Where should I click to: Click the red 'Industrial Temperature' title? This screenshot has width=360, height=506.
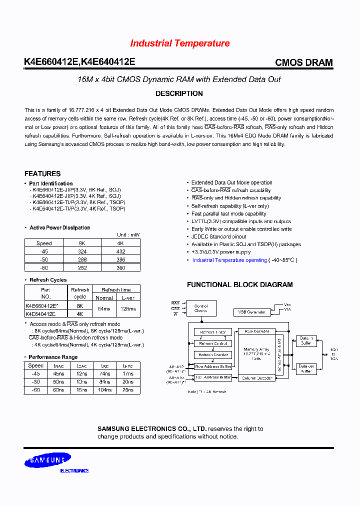tap(180, 43)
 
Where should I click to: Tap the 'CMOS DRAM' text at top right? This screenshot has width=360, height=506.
tap(303, 63)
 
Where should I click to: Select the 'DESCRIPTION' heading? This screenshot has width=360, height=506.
tap(179, 93)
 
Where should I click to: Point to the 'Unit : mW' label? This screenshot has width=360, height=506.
tap(128, 235)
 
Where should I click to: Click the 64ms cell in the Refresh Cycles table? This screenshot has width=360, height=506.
tap(104, 309)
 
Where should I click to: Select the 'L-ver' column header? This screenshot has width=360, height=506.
tap(128, 297)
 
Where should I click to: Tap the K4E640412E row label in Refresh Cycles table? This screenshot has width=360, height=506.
tap(40, 314)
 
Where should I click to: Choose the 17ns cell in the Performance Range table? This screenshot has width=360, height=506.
tap(127, 373)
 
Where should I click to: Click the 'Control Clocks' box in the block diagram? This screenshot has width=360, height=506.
tap(201, 308)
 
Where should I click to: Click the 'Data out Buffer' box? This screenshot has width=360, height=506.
tap(306, 369)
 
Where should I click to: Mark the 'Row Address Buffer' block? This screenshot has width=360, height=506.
tap(213, 366)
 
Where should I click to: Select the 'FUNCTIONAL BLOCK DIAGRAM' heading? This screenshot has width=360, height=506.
tap(239, 284)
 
